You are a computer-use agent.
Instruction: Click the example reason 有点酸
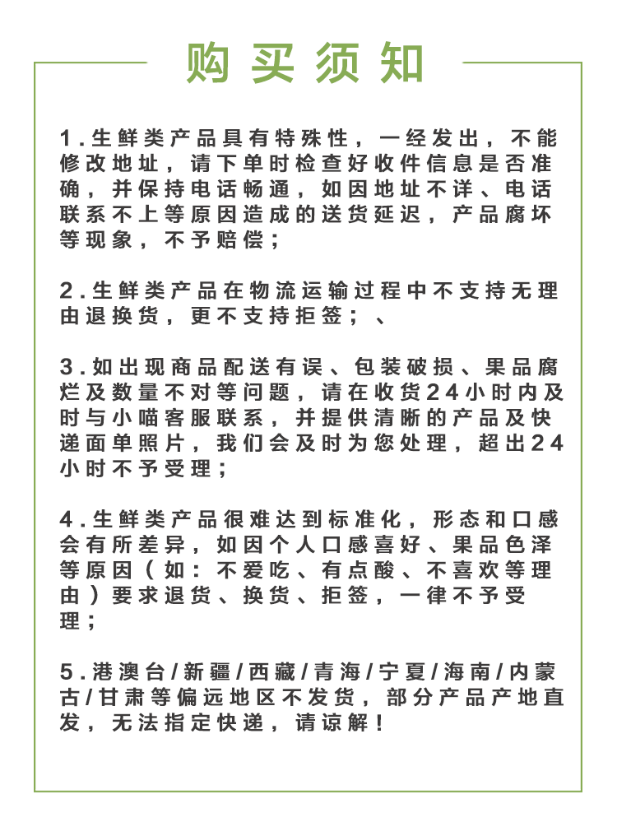pos(353,570)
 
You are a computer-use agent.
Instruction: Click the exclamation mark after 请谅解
pos(378,724)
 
